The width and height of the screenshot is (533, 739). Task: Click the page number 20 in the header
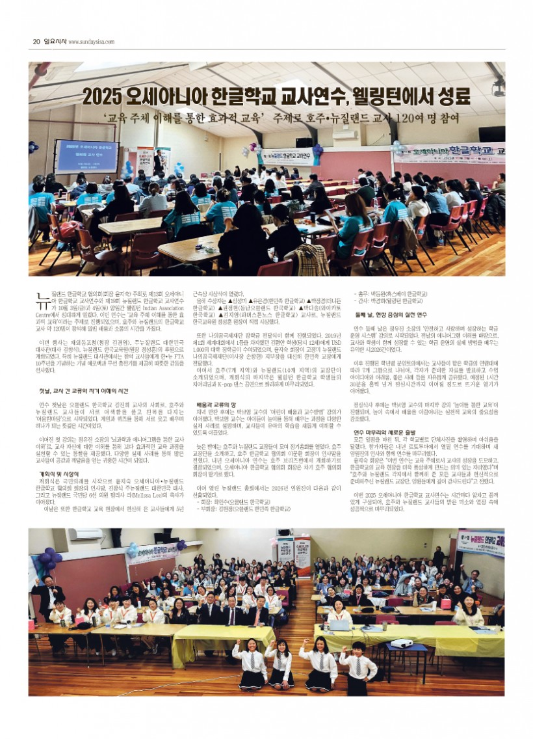pyautogui.click(x=36, y=41)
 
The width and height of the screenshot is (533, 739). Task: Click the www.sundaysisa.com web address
pyautogui.click(x=91, y=42)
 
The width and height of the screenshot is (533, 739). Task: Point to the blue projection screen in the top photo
pyautogui.click(x=87, y=156)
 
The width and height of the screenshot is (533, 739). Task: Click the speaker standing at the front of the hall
pyautogui.click(x=159, y=163)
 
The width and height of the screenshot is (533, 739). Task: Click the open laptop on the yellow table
pyautogui.click(x=339, y=625)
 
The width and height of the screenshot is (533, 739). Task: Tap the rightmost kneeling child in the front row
pyautogui.click(x=357, y=669)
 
